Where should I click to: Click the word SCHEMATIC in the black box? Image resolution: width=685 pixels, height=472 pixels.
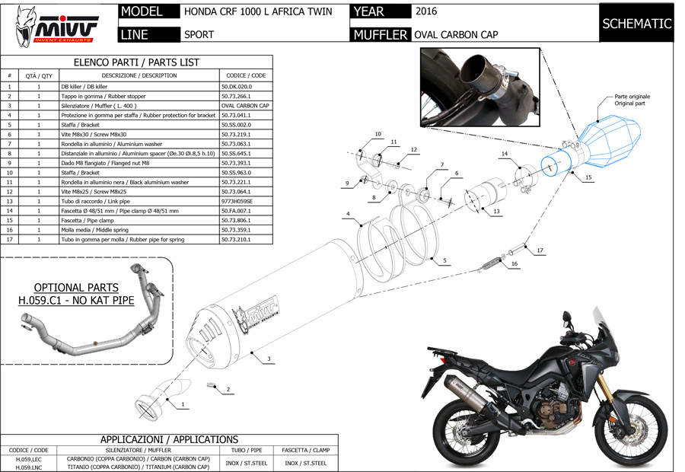(636, 24)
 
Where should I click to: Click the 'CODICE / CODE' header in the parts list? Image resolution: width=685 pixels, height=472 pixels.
(247, 75)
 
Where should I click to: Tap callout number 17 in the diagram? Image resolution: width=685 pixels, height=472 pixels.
(540, 250)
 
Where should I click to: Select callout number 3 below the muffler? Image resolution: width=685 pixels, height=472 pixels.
(269, 358)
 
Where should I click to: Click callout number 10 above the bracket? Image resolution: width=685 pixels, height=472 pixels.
(378, 134)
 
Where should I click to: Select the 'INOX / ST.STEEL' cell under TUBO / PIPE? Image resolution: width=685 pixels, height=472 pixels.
(246, 462)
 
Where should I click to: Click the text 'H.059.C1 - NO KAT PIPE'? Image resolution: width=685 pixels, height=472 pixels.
(76, 300)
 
